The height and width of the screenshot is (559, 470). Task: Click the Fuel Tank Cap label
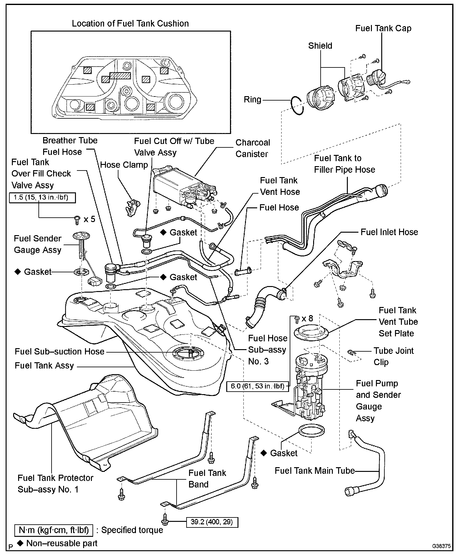click(383, 28)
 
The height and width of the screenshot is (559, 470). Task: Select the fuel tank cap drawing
click(377, 78)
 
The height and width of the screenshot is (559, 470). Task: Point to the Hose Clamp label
click(124, 165)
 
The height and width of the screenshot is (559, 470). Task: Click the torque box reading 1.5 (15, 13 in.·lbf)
click(42, 197)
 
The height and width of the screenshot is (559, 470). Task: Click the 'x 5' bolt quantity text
click(89, 219)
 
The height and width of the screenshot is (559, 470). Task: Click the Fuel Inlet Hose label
click(389, 232)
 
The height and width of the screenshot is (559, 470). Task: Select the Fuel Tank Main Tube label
click(314, 471)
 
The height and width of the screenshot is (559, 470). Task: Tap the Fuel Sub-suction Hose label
click(59, 351)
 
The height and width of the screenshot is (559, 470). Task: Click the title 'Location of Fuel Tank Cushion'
click(130, 24)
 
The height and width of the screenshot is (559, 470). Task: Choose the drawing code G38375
click(441, 546)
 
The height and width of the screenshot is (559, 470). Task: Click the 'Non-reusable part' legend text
click(62, 543)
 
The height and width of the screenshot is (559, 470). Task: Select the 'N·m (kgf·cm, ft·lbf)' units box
click(54, 530)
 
